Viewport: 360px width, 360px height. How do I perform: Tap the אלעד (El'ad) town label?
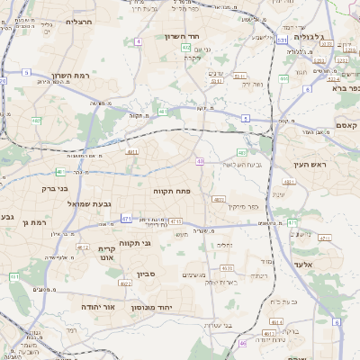coord(301,264)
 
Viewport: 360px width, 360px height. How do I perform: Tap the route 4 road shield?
coord(139,41)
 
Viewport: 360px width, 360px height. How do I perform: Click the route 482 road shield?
coord(36,119)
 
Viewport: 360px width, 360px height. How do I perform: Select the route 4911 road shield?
coord(132,154)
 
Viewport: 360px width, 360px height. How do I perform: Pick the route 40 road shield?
coord(199,161)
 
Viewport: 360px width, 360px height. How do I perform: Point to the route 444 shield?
coord(283,79)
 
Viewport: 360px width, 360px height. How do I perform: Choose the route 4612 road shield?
coord(84,246)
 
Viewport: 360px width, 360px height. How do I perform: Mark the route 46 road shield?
coord(242,343)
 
